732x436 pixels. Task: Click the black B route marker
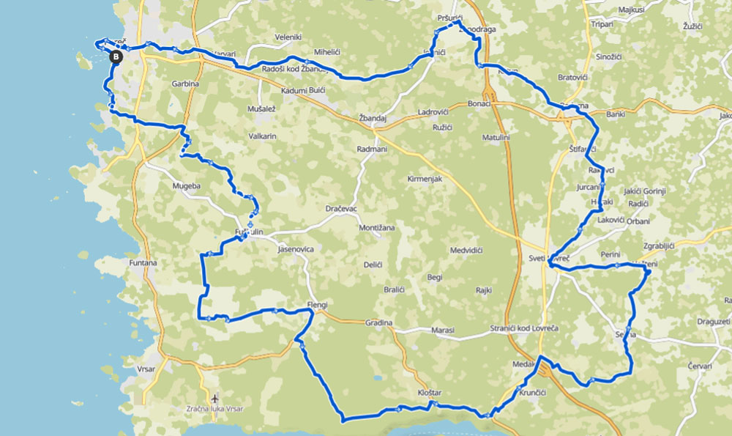(115, 56)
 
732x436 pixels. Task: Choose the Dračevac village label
(341, 209)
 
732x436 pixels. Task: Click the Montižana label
(377, 228)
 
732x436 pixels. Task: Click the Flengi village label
(318, 305)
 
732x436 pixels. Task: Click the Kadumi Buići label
(302, 90)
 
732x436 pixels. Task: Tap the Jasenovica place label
(296, 249)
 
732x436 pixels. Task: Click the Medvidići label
(466, 250)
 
